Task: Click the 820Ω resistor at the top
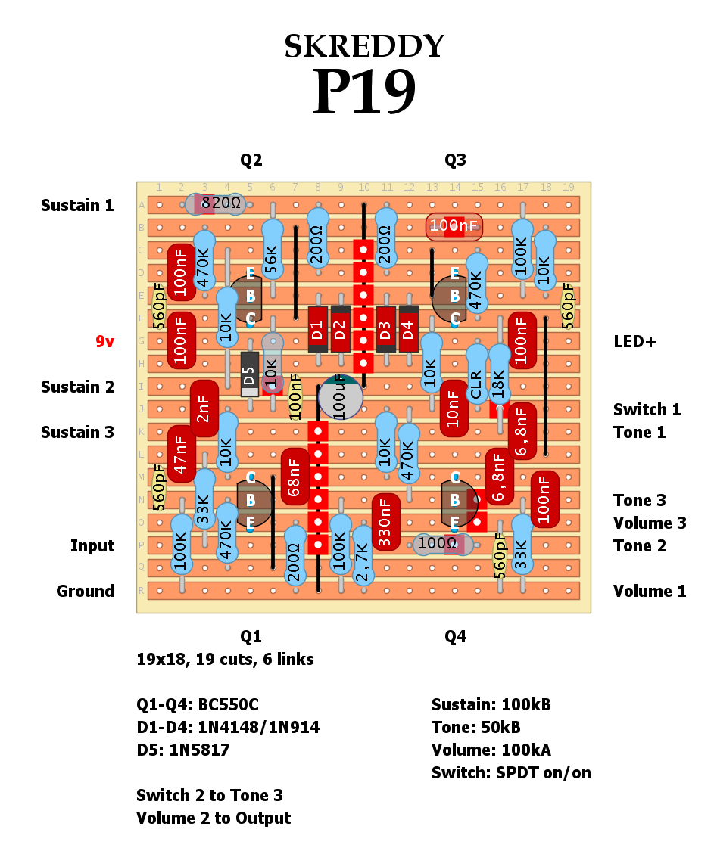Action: tap(216, 203)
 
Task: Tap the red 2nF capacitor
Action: tap(204, 408)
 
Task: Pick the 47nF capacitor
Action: tap(181, 454)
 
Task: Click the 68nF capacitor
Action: tap(295, 477)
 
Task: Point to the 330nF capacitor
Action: tap(385, 522)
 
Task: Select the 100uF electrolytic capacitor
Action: tap(340, 396)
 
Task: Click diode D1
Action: tap(317, 329)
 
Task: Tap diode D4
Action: tap(408, 329)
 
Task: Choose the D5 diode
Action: tap(249, 374)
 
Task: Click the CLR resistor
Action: tap(476, 374)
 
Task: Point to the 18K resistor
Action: tap(499, 374)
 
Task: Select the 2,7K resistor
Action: tap(363, 560)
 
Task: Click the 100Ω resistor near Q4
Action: tap(443, 544)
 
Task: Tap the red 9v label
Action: tap(104, 342)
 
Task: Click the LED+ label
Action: tap(634, 342)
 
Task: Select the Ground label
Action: tap(85, 592)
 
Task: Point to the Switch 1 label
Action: tap(647, 410)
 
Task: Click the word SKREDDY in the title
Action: tap(363, 47)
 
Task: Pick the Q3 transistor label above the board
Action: tap(455, 160)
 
